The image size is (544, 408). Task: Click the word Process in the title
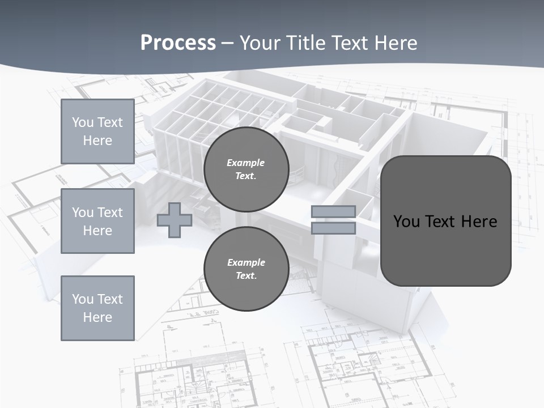178,43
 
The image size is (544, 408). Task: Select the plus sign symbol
175,220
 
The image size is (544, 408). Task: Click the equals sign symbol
333,220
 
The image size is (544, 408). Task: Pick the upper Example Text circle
246,169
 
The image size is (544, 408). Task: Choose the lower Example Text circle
246,269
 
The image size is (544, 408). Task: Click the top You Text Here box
97,131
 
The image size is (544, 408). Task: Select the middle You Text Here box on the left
97,221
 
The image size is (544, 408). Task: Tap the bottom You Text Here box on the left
97,308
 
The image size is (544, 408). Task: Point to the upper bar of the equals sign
333,212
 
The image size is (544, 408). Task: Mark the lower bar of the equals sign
333,228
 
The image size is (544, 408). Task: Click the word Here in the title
397,43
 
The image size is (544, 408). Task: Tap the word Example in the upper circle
246,163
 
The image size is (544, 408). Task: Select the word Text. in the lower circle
246,276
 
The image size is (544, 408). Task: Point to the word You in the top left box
83,122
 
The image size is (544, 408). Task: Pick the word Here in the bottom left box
97,317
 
